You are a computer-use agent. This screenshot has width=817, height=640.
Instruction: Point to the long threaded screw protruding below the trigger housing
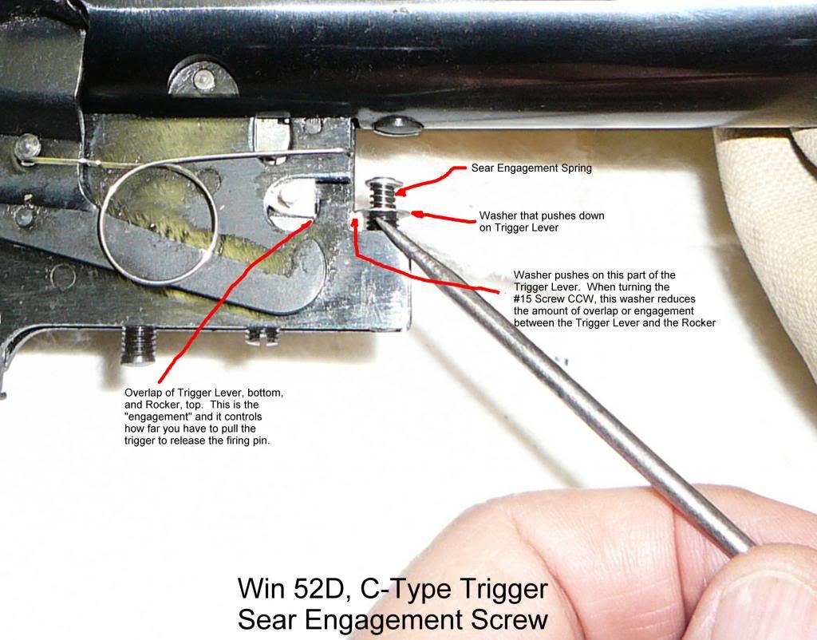pyautogui.click(x=140, y=348)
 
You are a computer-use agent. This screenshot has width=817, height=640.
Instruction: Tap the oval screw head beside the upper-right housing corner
pyautogui.click(x=392, y=124)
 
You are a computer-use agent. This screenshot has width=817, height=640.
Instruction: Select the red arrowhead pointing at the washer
pyautogui.click(x=416, y=215)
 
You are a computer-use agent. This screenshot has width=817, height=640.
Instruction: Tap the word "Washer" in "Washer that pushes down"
pyautogui.click(x=498, y=216)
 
